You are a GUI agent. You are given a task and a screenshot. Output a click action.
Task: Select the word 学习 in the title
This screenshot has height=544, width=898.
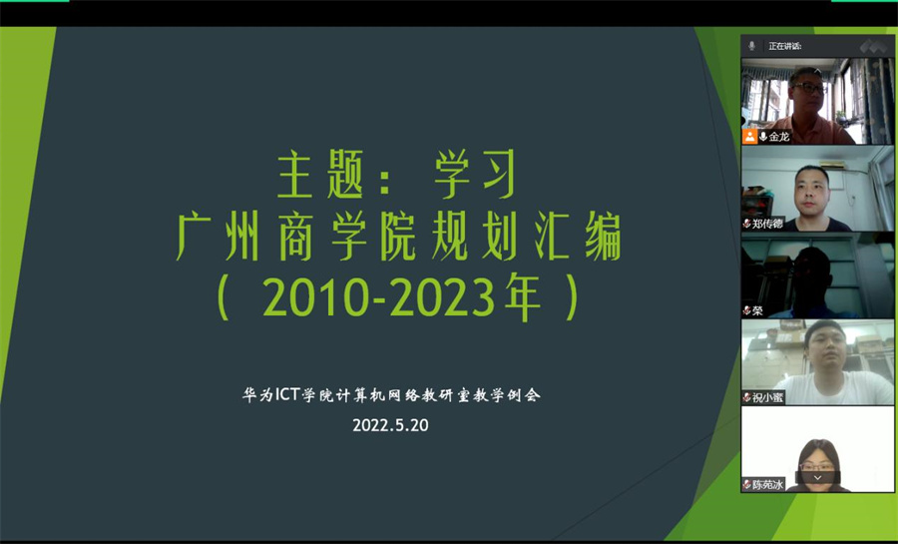pyautogui.click(x=475, y=175)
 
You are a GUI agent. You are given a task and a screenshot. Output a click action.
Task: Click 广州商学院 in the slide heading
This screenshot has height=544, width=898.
pyautogui.click(x=295, y=235)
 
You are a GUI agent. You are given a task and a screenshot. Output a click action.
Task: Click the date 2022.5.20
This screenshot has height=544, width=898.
pyautogui.click(x=390, y=425)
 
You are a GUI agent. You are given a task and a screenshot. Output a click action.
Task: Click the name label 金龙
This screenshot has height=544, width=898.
pyautogui.click(x=779, y=137)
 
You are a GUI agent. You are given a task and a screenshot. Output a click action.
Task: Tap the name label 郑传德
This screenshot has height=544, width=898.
pyautogui.click(x=767, y=224)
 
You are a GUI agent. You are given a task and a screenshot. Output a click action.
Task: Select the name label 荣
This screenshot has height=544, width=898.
pyautogui.click(x=757, y=311)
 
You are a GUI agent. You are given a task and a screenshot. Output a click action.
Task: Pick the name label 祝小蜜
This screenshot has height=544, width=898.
pyautogui.click(x=767, y=397)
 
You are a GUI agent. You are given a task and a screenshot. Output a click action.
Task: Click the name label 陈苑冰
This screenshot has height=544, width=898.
pyautogui.click(x=767, y=484)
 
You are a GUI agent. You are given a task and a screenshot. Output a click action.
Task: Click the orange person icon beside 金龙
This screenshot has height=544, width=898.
pyautogui.click(x=749, y=137)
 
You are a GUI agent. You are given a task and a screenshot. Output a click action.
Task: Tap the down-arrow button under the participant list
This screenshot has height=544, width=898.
pyautogui.click(x=817, y=477)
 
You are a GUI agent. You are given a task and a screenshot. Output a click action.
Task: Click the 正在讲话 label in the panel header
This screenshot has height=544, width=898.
pyautogui.click(x=784, y=46)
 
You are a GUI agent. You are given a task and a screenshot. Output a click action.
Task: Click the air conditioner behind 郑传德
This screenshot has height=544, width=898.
pyautogui.click(x=832, y=165)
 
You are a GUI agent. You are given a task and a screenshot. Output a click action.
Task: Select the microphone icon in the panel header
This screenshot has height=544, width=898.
pyautogui.click(x=752, y=46)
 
